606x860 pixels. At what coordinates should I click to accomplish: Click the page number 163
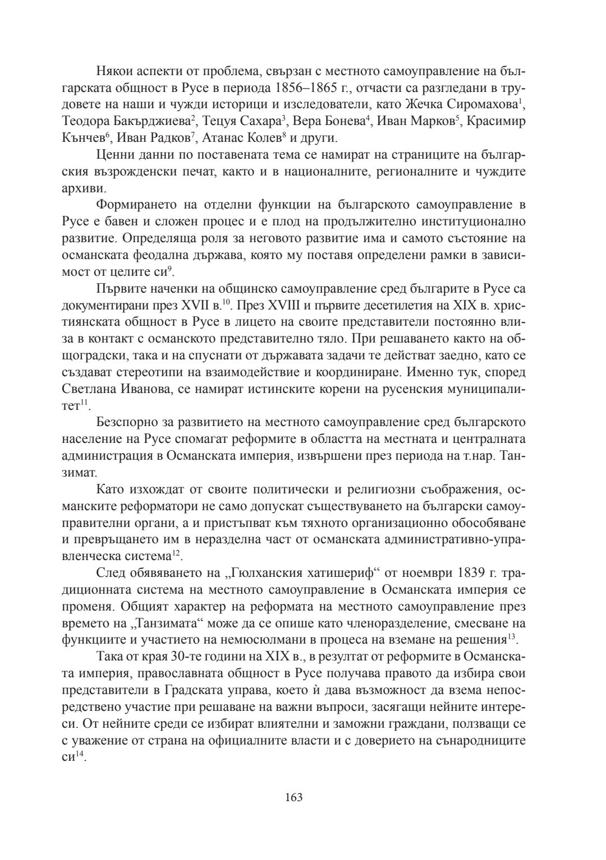point(293,797)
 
